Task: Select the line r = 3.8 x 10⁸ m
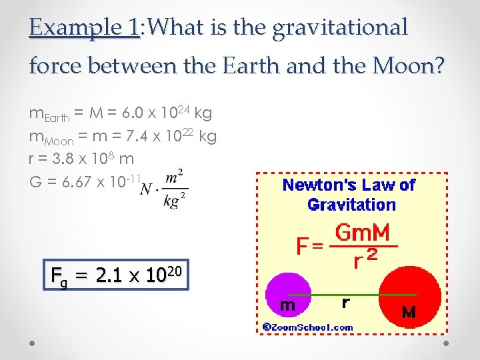click(x=82, y=159)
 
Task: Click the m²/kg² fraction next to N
click(x=174, y=189)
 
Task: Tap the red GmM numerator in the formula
click(x=363, y=233)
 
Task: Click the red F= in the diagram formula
click(x=311, y=247)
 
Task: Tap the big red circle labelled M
click(x=408, y=293)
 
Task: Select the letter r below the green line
click(x=345, y=303)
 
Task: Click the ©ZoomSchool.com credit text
click(x=307, y=327)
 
